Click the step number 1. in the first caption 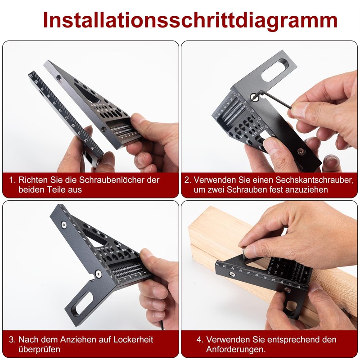tap(13, 180)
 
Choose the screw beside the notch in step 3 tap(98, 272)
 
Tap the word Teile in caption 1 tap(50, 190)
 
